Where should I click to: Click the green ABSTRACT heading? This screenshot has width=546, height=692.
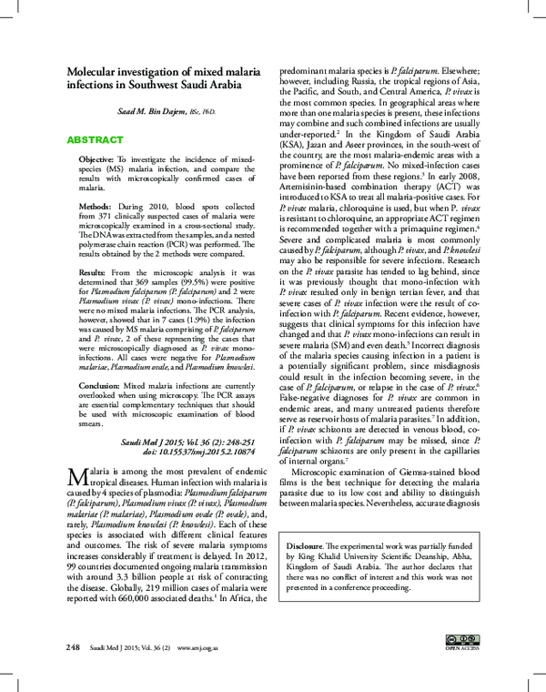95,141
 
